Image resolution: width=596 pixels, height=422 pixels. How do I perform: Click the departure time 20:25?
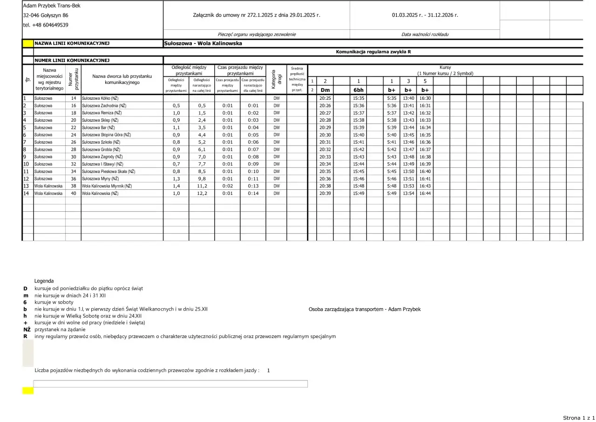coord(325,98)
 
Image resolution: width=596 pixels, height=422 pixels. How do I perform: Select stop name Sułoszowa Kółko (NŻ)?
coord(100,98)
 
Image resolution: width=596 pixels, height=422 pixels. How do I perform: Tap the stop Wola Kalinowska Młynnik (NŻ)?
coord(107,186)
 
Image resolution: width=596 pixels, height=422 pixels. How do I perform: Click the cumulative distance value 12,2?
coord(202,193)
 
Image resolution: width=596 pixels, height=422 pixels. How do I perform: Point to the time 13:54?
coord(408,193)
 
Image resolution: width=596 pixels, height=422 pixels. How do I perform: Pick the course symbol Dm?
coord(325,90)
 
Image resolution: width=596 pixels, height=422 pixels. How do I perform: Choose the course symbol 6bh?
coord(359,90)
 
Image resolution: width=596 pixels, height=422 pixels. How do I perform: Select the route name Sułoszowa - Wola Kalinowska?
coord(203,44)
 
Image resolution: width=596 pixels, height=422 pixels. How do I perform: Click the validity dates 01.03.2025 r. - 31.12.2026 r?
coord(425,15)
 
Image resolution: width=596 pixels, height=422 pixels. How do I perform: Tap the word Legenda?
coord(44,281)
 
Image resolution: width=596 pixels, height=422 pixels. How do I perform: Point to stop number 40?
coord(74,193)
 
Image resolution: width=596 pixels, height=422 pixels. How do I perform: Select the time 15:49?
coord(359,193)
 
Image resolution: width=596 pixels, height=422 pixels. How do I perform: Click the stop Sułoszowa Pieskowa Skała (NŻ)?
coord(108,172)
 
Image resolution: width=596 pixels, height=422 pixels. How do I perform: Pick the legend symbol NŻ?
coord(27,329)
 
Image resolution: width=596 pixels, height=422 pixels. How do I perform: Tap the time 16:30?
coord(425,98)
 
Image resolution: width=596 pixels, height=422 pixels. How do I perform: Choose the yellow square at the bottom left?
coord(28,391)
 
